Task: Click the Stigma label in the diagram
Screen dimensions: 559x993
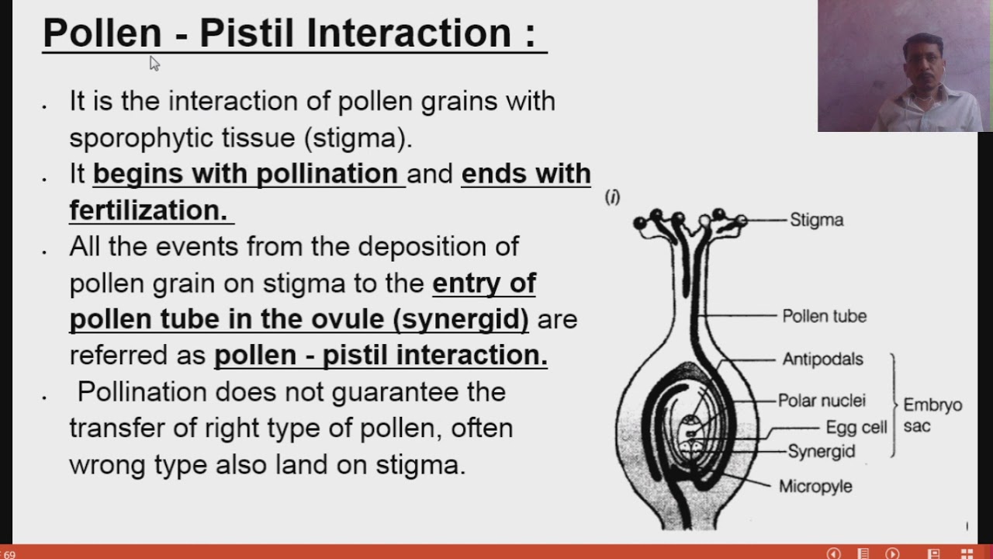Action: coord(816,220)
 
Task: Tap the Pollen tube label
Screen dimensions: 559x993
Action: coord(824,316)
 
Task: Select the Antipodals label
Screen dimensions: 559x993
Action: coord(822,359)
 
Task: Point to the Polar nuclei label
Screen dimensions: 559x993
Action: coord(822,401)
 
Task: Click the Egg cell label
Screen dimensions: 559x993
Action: coord(856,427)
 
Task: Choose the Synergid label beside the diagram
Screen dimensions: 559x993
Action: coord(821,451)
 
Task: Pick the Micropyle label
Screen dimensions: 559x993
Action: coord(815,486)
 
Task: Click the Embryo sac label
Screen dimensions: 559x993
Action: coord(932,415)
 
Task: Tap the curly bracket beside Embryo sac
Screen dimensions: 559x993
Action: coord(894,404)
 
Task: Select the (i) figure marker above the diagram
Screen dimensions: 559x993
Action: coord(612,198)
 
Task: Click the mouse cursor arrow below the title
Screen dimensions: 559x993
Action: coord(154,63)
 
